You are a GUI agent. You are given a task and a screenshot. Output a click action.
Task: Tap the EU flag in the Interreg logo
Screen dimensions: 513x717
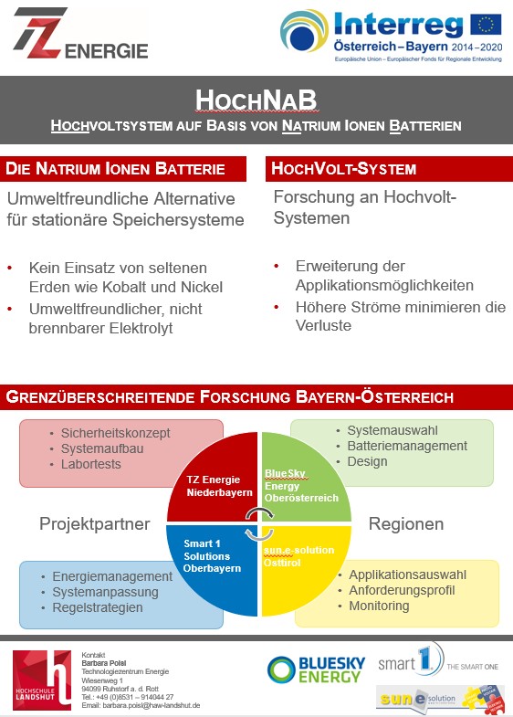(485, 23)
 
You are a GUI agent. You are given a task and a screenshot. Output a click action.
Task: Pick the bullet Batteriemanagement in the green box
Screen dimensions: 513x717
(407, 446)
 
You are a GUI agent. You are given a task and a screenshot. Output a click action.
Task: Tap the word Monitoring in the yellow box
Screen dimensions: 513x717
(379, 606)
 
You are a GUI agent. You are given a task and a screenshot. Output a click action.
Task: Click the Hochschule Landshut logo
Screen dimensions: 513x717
(42, 680)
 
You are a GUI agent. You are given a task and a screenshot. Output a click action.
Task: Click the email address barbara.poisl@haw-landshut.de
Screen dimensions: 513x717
(141, 706)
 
